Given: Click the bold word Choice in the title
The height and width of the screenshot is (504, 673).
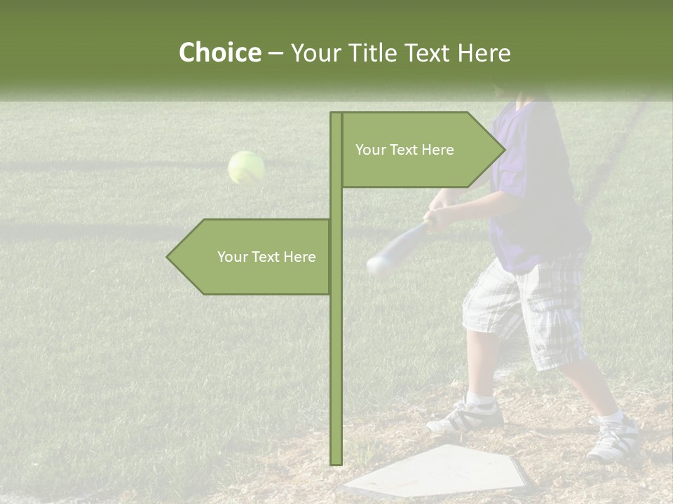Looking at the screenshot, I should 219,53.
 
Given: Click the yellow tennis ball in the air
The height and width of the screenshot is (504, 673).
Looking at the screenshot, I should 246,168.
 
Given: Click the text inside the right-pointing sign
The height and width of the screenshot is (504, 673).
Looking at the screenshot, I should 405,150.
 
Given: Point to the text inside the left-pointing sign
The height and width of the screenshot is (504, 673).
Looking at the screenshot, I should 266,257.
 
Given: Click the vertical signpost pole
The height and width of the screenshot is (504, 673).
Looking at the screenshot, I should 336,350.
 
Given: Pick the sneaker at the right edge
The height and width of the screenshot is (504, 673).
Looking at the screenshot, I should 613,440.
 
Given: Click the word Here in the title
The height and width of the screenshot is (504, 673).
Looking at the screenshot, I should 484,53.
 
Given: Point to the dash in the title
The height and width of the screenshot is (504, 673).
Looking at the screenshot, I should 276,53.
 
